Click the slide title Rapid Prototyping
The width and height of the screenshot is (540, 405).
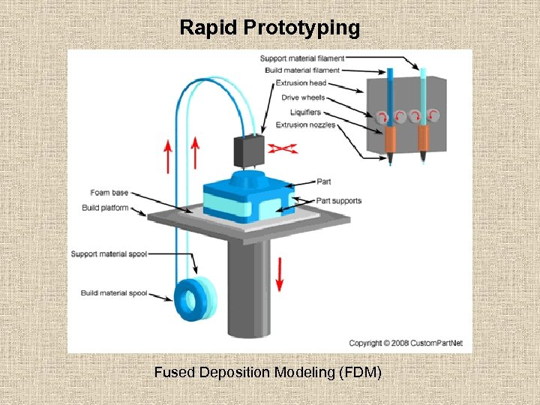pos(270,28)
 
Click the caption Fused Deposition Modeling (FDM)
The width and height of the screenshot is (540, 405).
pos(268,372)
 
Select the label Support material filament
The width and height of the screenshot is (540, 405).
pos(302,58)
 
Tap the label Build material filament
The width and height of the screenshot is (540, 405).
pos(302,70)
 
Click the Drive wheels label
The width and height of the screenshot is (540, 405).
pos(303,97)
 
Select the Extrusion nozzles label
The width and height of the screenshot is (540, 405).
pos(305,124)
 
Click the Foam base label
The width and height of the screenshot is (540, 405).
pos(109,193)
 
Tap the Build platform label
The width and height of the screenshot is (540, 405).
pos(105,208)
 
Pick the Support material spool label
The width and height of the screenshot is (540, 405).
pos(109,254)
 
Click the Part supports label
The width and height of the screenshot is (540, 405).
pos(338,200)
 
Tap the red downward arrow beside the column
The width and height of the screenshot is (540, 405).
pos(280,274)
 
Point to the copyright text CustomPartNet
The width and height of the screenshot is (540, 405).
pos(406,343)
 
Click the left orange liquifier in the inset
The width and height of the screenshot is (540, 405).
pos(391,138)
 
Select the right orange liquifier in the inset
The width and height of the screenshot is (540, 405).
pos(424,138)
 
